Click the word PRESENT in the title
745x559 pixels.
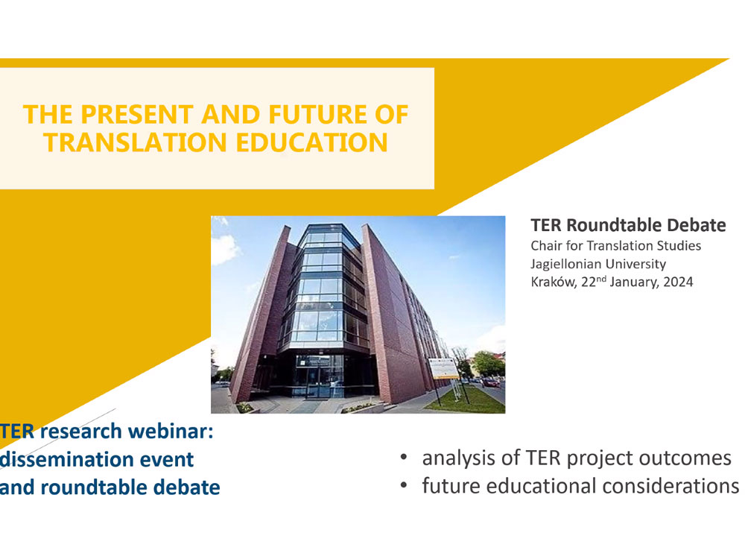click(137, 115)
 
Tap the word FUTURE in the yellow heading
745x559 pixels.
click(317, 115)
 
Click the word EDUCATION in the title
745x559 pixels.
click(311, 142)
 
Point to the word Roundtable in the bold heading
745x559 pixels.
click(616, 225)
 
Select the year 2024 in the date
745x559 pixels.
click(678, 282)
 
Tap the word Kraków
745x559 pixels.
click(554, 282)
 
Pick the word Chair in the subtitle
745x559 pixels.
click(546, 246)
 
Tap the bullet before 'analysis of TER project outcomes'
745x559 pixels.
click(404, 458)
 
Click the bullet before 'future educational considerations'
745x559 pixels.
click(404, 485)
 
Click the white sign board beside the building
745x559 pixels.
click(443, 368)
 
